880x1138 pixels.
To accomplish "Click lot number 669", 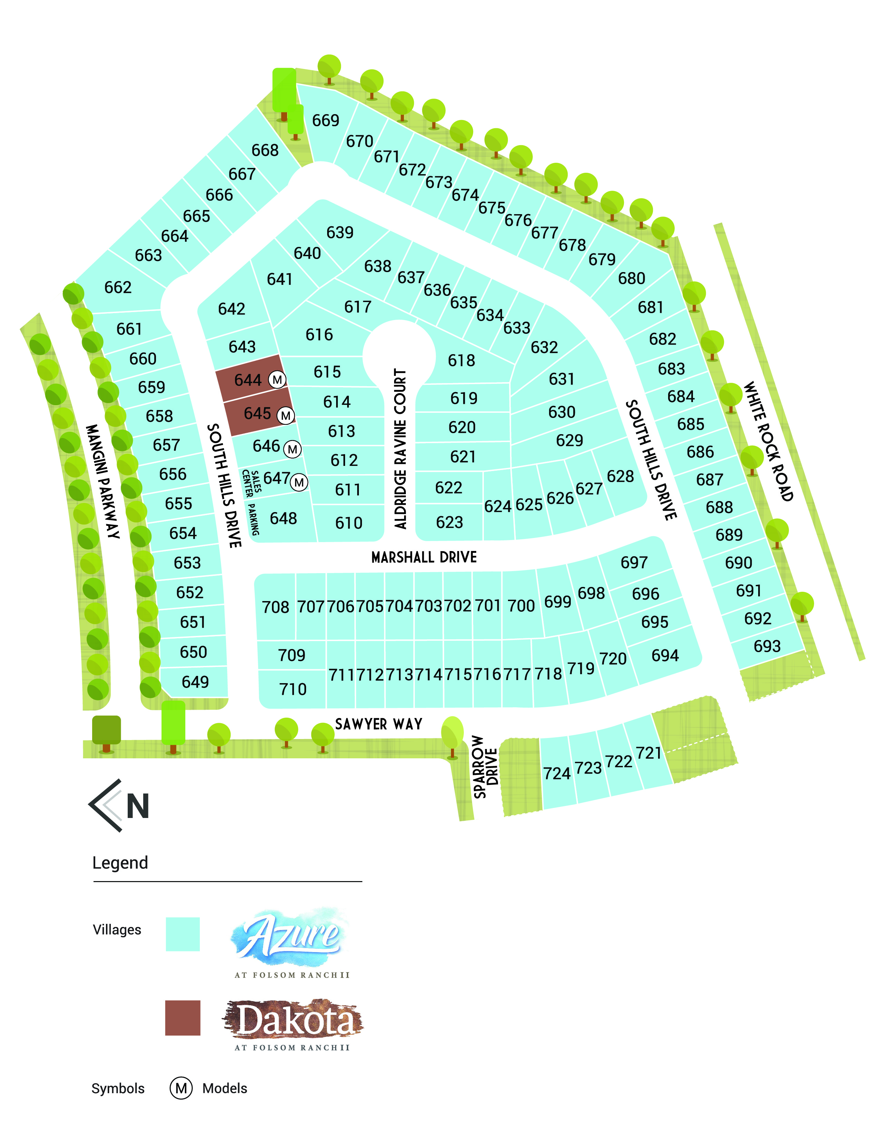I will pos(325,120).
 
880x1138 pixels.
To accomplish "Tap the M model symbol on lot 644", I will pos(277,380).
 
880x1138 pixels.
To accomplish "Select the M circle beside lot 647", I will pos(299,482).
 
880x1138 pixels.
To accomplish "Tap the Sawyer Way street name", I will pos(379,724).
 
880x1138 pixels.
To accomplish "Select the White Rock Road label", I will pos(768,441).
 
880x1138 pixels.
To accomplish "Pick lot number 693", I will pos(767,646).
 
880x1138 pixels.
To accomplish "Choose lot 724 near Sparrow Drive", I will pos(557,773).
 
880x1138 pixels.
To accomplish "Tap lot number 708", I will pos(275,607).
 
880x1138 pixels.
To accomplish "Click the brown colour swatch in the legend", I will pos(183,1018).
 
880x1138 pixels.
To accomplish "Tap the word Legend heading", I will pos(120,862).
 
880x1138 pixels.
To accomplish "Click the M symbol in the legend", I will pos(181,1088).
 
